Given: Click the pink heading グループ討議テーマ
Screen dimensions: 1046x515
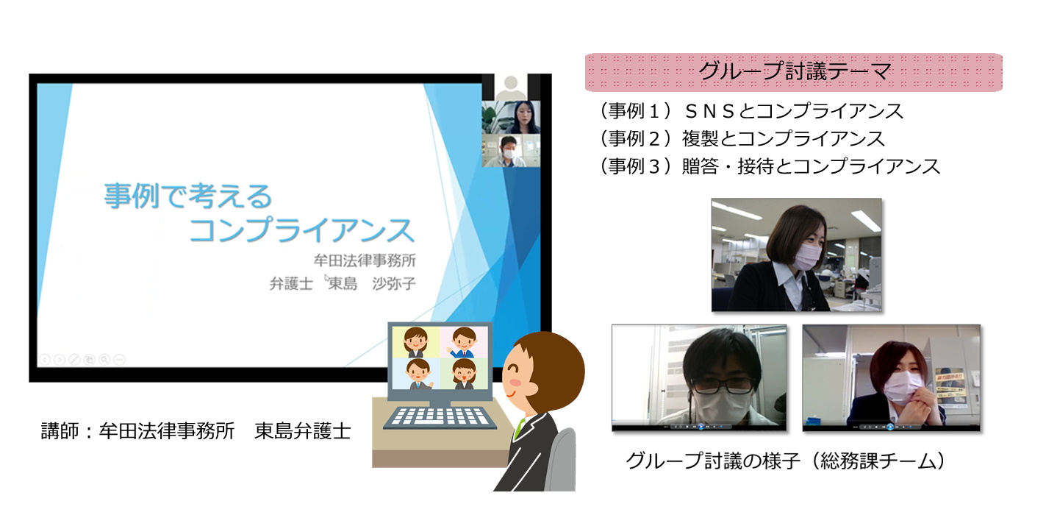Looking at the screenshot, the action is click(x=795, y=71).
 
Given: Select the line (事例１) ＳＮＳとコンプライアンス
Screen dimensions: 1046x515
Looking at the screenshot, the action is click(x=752, y=111).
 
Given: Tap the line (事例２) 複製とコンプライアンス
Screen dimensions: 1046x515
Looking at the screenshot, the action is click(x=742, y=138).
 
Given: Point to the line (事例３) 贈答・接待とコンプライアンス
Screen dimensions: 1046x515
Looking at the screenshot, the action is click(x=770, y=166).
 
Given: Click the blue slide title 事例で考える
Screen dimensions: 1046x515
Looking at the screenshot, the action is click(x=188, y=196).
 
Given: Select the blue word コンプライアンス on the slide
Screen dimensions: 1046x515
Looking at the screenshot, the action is click(x=301, y=230).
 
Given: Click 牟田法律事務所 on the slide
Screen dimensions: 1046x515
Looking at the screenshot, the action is click(x=365, y=260).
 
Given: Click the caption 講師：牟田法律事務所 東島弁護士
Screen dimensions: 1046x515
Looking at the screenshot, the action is click(x=196, y=431).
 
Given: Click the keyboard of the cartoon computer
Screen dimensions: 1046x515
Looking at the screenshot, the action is click(x=440, y=417).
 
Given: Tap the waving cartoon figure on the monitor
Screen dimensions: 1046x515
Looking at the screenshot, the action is click(x=463, y=343).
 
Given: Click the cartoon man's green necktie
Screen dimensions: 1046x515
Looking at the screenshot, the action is click(x=518, y=429).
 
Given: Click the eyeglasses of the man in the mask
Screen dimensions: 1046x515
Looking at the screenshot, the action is click(x=721, y=386).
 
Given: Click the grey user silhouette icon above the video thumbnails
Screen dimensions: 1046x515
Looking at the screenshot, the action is click(x=511, y=87).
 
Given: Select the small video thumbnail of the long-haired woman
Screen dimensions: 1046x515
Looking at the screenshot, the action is click(x=512, y=117).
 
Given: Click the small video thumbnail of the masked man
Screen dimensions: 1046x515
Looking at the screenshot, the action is click(x=512, y=151).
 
